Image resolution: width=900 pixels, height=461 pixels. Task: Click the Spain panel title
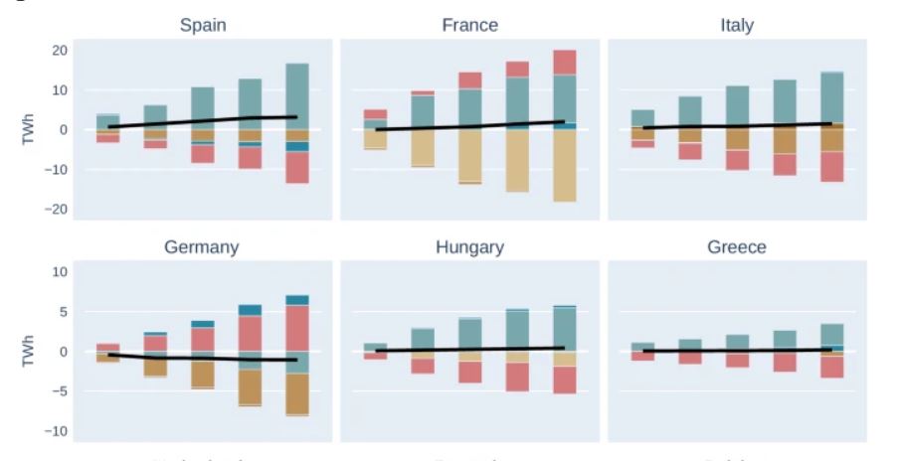tap(202, 25)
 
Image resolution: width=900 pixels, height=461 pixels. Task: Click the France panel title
tap(469, 25)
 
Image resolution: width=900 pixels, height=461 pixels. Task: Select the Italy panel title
tap(737, 25)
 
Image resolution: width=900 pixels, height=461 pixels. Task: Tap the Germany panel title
tap(201, 247)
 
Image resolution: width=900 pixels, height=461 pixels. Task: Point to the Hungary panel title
tap(469, 247)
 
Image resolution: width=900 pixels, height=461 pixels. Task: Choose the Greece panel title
tap(737, 247)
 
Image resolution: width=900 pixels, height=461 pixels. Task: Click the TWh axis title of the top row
tap(27, 129)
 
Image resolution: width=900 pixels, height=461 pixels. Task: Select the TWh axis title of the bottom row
tap(27, 351)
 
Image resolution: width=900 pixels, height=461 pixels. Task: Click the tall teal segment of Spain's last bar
tap(297, 94)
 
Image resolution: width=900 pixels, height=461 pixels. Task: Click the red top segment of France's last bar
tap(565, 62)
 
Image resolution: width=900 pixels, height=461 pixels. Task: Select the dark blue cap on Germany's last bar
tap(297, 300)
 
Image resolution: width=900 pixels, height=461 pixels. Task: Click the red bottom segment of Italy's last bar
tap(831, 166)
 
